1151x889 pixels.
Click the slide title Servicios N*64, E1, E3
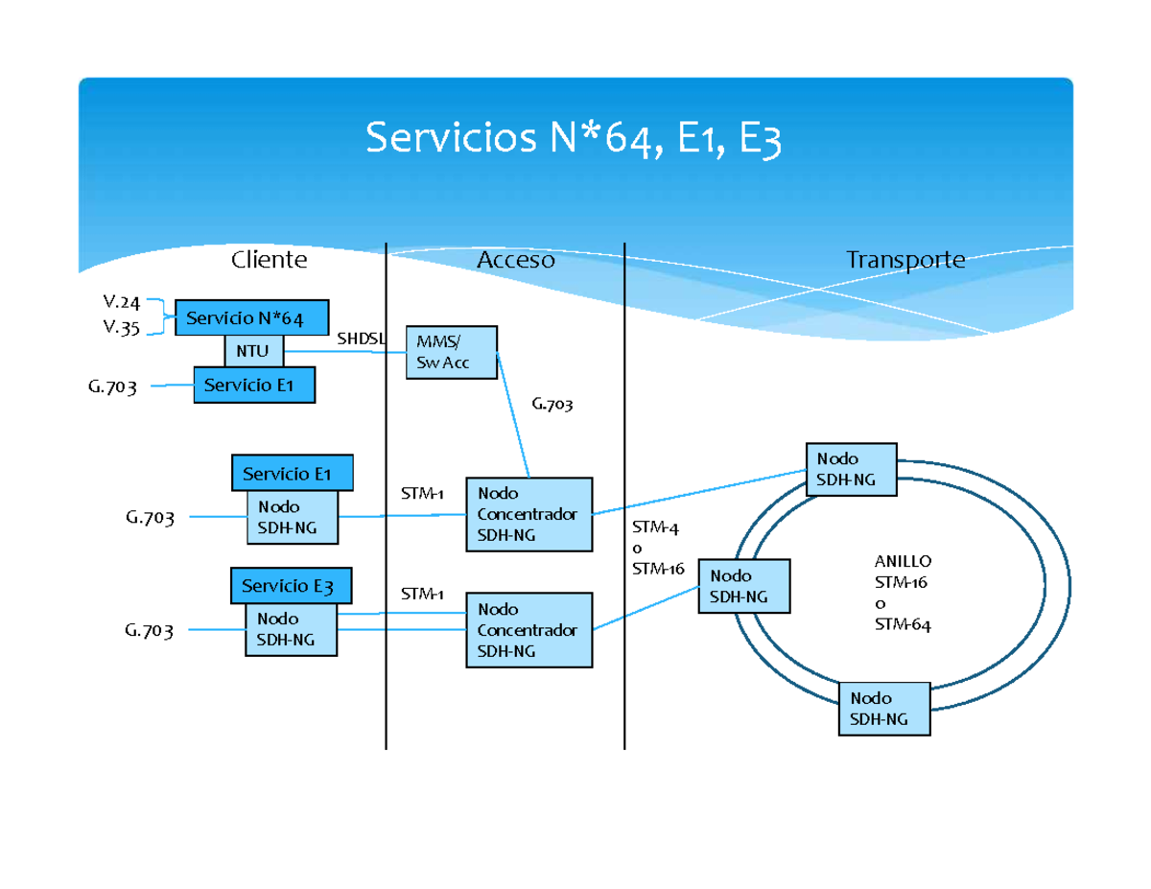pyautogui.click(x=574, y=141)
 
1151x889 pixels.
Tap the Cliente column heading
pyautogui.click(x=269, y=260)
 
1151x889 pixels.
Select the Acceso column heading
pyautogui.click(x=516, y=260)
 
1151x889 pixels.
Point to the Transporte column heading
pyautogui.click(x=904, y=260)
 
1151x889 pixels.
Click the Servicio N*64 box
pyautogui.click(x=252, y=317)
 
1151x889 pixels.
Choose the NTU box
pyautogui.click(x=254, y=351)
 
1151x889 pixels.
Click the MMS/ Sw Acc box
pyautogui.click(x=452, y=352)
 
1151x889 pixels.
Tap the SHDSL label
pyautogui.click(x=361, y=339)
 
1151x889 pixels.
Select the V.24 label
pyautogui.click(x=122, y=304)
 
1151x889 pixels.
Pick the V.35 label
pyautogui.click(x=122, y=327)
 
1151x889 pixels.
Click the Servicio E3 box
pyautogui.click(x=291, y=585)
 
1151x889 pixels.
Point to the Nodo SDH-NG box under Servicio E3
pyautogui.click(x=291, y=629)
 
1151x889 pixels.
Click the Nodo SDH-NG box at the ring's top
pyautogui.click(x=851, y=469)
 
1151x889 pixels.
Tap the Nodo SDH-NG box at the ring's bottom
pyautogui.click(x=883, y=709)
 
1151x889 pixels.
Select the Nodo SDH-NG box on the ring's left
pyautogui.click(x=744, y=586)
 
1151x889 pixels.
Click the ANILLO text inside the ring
pyautogui.click(x=903, y=561)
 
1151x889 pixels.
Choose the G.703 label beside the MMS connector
pyautogui.click(x=552, y=405)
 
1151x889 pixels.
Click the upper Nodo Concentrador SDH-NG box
pyautogui.click(x=529, y=514)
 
